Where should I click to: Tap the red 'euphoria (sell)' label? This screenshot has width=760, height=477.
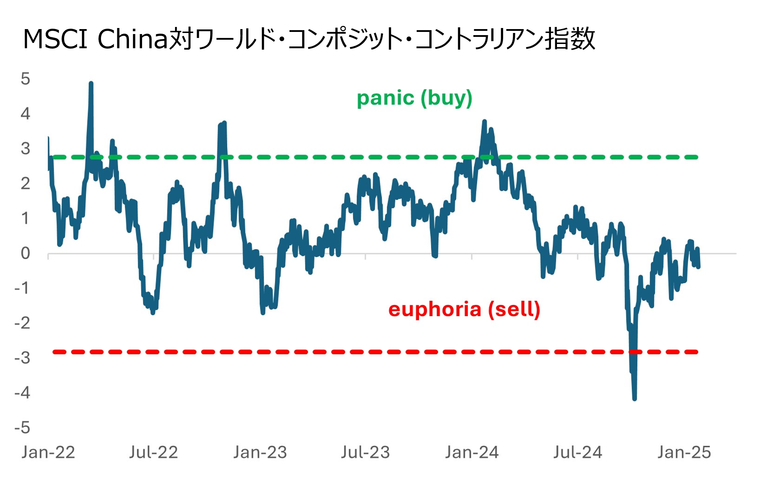(464, 309)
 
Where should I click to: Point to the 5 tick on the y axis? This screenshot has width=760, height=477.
(25, 79)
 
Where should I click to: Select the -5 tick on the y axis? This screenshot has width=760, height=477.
(22, 428)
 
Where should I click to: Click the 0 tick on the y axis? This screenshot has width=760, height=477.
(25, 253)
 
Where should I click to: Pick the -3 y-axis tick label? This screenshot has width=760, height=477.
(22, 358)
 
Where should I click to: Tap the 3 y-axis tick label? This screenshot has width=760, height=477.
(25, 149)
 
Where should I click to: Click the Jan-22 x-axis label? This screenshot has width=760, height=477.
(48, 452)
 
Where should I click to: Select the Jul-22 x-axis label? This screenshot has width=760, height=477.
(153, 452)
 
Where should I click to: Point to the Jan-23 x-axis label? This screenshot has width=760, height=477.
(260, 452)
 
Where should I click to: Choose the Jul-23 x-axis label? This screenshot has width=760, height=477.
(365, 452)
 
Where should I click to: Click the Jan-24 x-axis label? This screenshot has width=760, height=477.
(472, 452)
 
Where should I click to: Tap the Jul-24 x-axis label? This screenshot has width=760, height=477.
(578, 452)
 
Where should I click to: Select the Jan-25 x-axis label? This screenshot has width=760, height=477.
(684, 452)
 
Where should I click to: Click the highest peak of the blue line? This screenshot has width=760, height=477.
(91, 84)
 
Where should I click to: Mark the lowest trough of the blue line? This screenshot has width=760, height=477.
(634, 399)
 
